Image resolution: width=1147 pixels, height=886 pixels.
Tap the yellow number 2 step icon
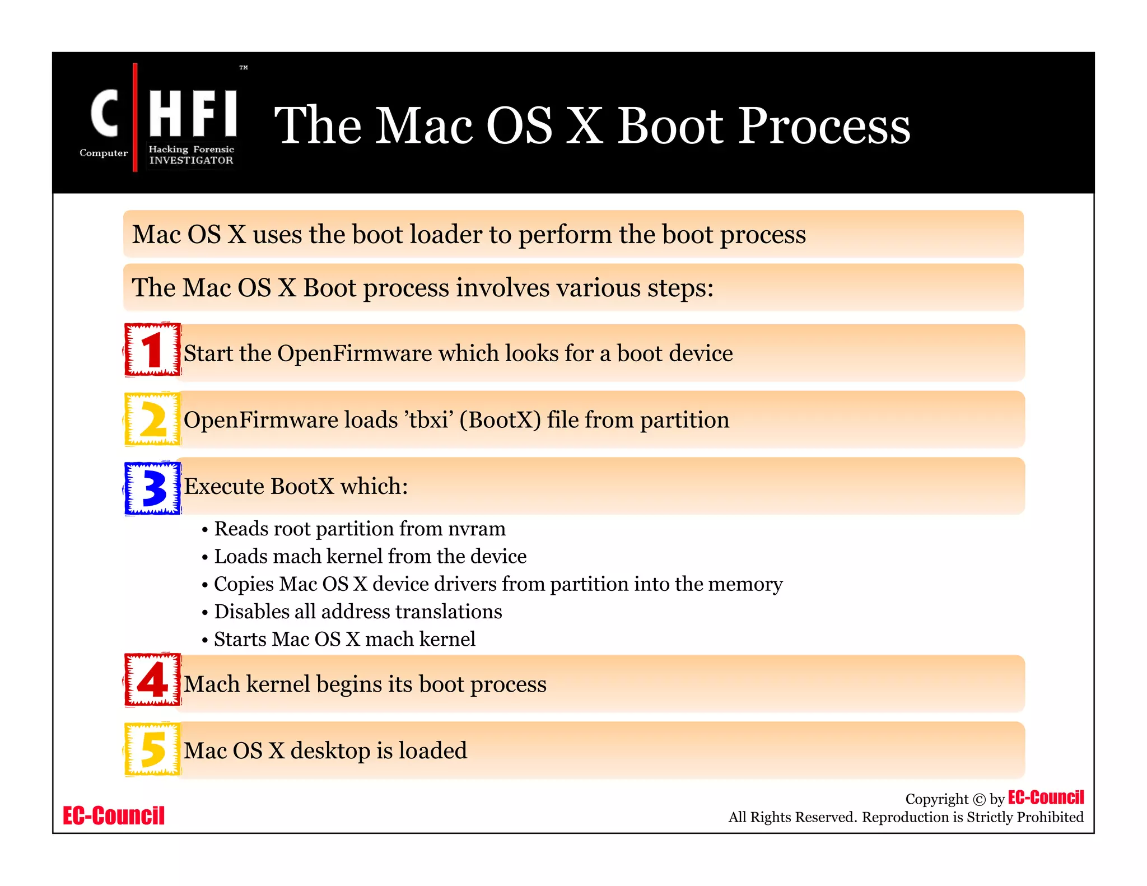(x=152, y=419)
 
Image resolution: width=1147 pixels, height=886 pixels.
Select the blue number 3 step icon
(x=152, y=487)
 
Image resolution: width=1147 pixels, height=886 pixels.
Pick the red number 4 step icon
(x=152, y=680)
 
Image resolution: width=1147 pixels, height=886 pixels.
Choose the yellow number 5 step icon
(x=152, y=749)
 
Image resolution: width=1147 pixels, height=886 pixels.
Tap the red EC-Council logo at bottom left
(x=114, y=816)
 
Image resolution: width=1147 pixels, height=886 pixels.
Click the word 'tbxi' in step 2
(x=429, y=420)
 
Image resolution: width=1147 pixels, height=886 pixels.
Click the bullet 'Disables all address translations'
(x=357, y=612)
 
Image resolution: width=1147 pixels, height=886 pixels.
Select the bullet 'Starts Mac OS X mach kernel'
(x=344, y=639)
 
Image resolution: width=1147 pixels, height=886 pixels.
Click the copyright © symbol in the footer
(x=979, y=800)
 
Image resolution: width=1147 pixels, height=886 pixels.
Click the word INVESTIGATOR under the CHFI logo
(x=191, y=160)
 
